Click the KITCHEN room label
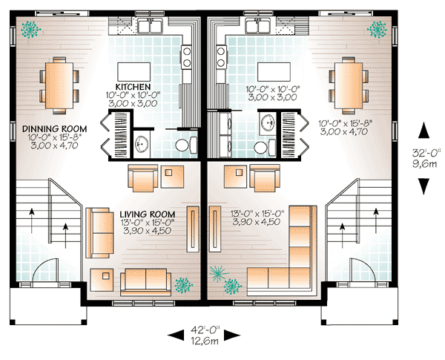[134, 85]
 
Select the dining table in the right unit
[349, 82]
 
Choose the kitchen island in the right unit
[268, 71]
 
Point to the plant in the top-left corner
[31, 30]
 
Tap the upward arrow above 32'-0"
[423, 131]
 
